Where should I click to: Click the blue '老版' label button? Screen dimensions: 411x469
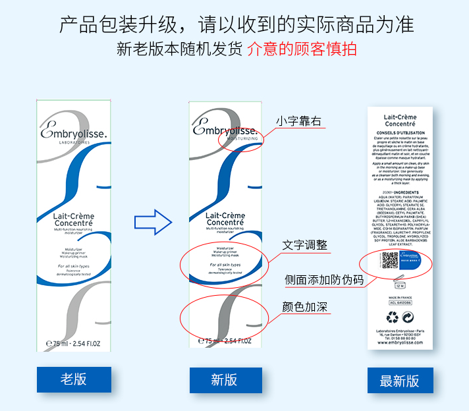tap(74, 379)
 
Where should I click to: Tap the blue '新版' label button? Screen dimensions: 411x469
tap(225, 380)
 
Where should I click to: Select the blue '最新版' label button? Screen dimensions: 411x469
tap(400, 381)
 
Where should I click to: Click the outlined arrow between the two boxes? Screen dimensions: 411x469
tap(152, 222)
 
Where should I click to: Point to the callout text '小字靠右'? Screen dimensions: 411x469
tap(299, 121)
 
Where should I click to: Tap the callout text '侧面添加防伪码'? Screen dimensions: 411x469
tap(324, 279)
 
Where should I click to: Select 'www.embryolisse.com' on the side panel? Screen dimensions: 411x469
tap(399, 342)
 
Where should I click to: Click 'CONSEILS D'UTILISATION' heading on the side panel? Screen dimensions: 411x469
tap(400, 132)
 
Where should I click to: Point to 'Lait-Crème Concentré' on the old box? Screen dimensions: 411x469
tap(73, 219)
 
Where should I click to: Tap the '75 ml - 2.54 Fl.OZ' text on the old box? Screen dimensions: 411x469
tap(74, 342)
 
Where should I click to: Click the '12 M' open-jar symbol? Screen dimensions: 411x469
tap(399, 285)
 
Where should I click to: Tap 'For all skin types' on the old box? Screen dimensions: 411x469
tap(73, 266)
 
